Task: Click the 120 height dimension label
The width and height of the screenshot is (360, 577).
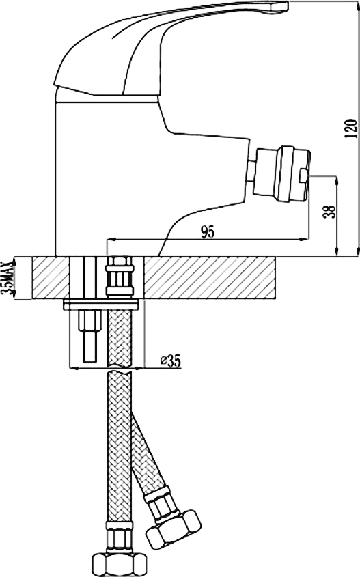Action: point(352,129)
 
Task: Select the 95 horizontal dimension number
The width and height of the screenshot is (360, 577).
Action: point(207,232)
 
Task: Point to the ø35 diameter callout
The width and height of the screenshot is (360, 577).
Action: point(170,361)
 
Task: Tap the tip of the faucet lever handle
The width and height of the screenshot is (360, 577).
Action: point(286,5)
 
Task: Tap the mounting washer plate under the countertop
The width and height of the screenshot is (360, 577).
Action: point(100,305)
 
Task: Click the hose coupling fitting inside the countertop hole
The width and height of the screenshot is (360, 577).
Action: point(119,277)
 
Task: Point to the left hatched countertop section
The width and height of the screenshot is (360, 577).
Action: point(51,278)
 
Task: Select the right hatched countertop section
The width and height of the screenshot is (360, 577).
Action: point(210,278)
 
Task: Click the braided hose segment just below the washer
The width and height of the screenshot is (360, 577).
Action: point(119,338)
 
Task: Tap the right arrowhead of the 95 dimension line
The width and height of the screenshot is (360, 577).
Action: point(304,240)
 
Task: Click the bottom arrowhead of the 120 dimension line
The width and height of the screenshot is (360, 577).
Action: point(359,250)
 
